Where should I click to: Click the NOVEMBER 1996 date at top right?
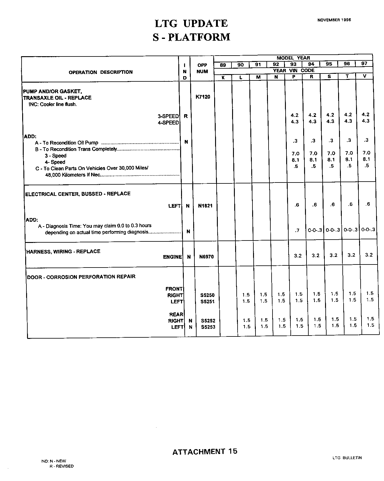tap(334, 20)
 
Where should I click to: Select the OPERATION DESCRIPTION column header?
tap(101, 72)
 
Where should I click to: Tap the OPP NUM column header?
tap(202, 68)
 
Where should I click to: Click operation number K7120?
tap(203, 97)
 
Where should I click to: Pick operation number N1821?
tap(205, 206)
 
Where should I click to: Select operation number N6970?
tap(206, 257)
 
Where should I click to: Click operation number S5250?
tap(207, 295)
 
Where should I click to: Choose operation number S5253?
tap(208, 327)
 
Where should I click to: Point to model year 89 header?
tap(223, 65)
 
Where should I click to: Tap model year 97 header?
tap(364, 64)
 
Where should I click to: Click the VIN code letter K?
tap(223, 77)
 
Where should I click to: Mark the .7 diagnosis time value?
tap(297, 230)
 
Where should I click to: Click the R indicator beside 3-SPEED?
tap(186, 116)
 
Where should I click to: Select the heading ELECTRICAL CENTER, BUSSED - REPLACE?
tap(78, 194)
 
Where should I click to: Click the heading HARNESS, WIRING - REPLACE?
tap(63, 251)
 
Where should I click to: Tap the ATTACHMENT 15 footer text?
tap(205, 452)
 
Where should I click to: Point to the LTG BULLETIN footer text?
tap(347, 458)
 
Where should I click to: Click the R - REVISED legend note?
tap(61, 466)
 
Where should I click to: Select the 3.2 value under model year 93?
tap(298, 256)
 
